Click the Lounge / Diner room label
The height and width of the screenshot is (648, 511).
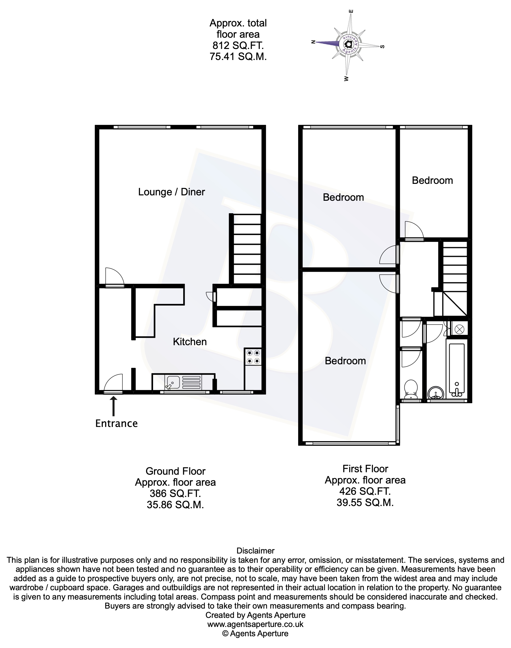pos(171,192)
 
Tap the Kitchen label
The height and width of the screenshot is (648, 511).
pos(190,342)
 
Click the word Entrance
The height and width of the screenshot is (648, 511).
pos(116,424)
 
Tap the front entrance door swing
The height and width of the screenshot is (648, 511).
pos(114,383)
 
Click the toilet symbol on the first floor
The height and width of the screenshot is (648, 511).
pos(410,389)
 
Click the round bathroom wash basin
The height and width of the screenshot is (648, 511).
pos(436,393)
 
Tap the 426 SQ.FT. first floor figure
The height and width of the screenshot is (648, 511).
pos(365,491)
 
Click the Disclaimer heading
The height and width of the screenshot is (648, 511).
pos(255,551)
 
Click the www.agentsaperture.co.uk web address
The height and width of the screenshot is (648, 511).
pos(255,624)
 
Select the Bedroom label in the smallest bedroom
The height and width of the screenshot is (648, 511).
pos(432,181)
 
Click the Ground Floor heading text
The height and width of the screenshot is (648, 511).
pos(175,471)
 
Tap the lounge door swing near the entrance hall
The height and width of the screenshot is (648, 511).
pos(114,277)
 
